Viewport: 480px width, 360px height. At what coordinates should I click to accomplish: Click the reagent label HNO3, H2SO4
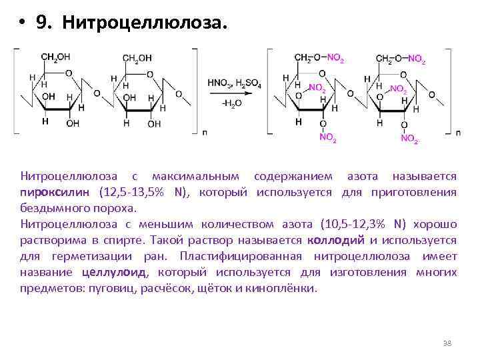pyautogui.click(x=234, y=84)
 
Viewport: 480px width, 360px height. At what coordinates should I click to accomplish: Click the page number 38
pyautogui.click(x=447, y=343)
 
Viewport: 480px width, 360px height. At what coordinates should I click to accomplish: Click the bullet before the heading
pyautogui.click(x=22, y=24)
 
